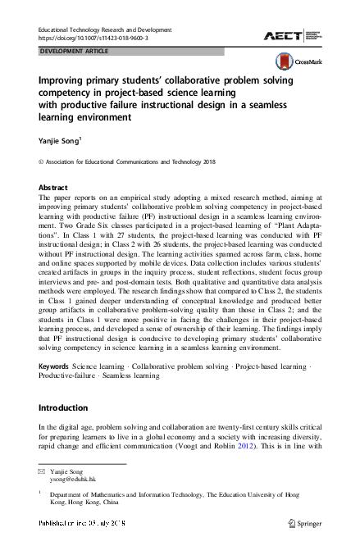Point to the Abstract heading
tap(53, 188)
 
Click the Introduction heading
tap(68, 407)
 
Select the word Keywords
tap(54, 363)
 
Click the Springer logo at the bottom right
tap(303, 522)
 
